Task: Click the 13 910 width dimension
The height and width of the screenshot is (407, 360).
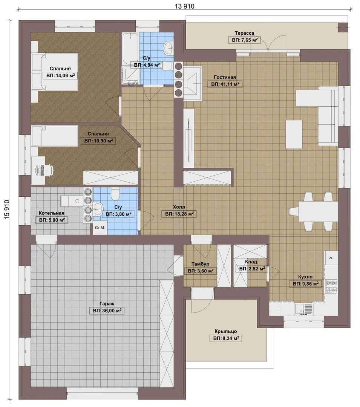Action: coord(184,6)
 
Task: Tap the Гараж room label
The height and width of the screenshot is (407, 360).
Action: coord(107,303)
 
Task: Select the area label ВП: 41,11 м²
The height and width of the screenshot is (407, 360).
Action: coord(225,84)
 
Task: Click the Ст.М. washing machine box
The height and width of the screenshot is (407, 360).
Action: coord(100,228)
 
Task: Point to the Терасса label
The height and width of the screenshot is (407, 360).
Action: coord(244,33)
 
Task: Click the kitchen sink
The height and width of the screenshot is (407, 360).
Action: coord(303,309)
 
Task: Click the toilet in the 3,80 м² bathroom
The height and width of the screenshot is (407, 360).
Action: coord(115,193)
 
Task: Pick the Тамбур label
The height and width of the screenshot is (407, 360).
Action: coord(201,264)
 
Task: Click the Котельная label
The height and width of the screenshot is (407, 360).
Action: coord(51,213)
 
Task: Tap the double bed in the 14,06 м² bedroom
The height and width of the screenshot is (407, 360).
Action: coord(55,72)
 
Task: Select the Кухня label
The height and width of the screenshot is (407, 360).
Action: coord(305,277)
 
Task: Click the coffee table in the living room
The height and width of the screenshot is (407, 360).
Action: coord(294,134)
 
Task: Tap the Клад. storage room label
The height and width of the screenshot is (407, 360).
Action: coord(251,262)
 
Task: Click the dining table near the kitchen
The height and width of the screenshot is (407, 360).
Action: coord(318,211)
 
